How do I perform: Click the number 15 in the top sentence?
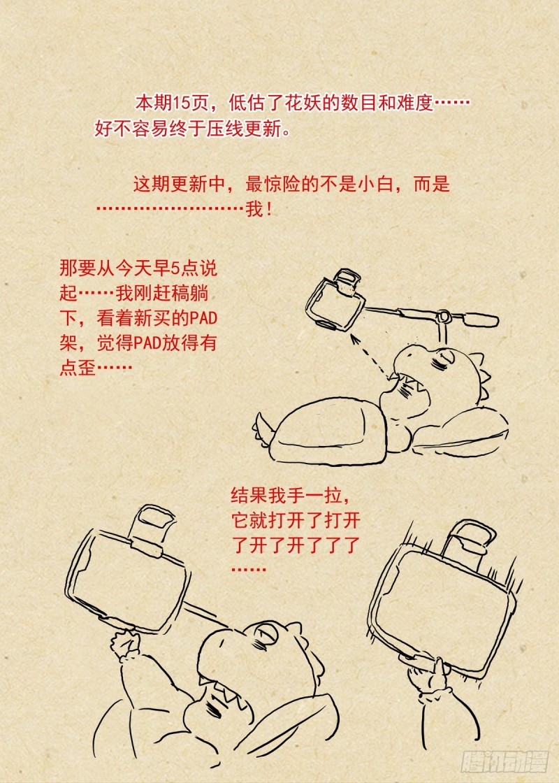pyautogui.click(x=182, y=103)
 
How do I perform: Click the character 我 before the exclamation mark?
pyautogui.click(x=254, y=209)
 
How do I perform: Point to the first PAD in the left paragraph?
pyautogui.click(x=203, y=318)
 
